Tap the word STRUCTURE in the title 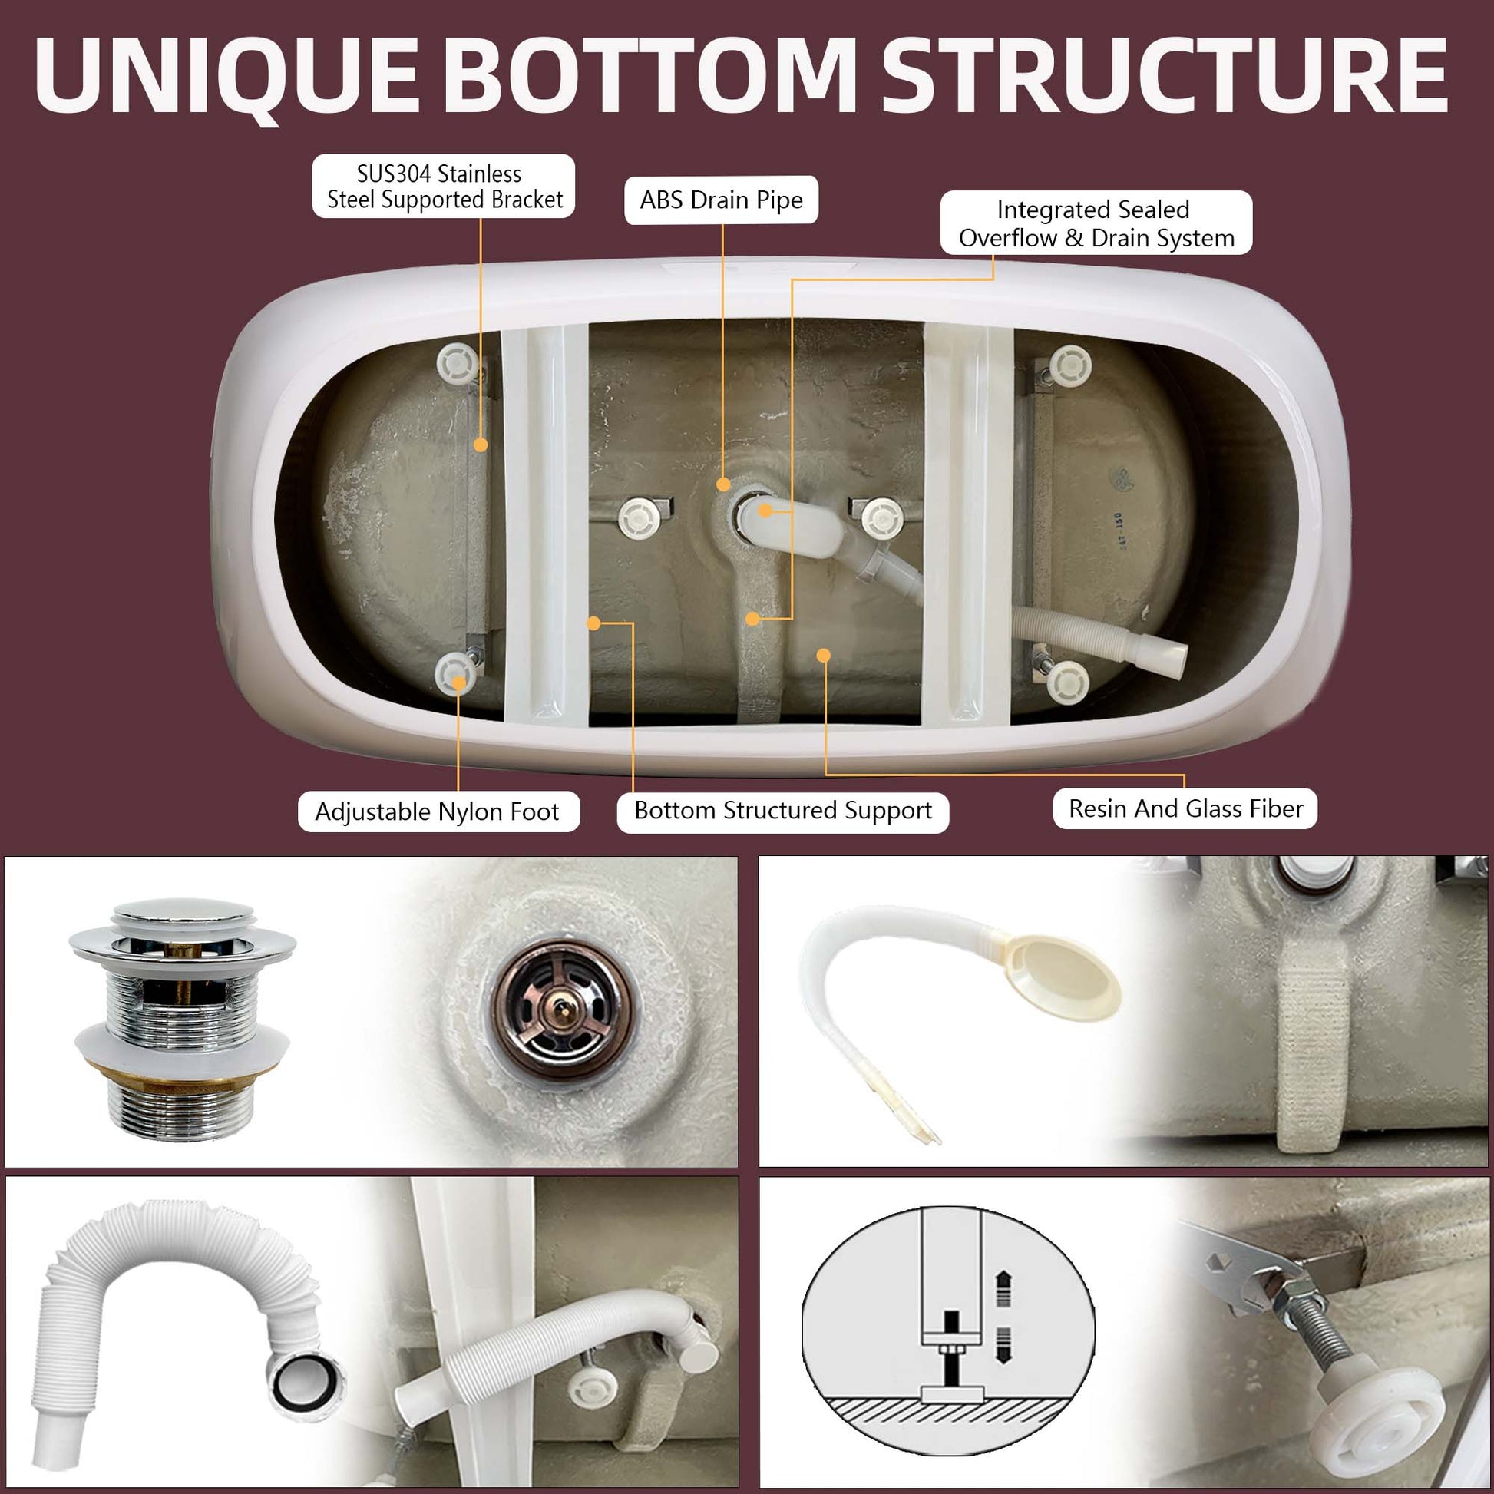coord(1164,76)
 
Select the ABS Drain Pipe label coord(721,200)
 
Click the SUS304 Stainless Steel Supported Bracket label coord(444,187)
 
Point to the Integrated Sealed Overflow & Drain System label coord(1096,223)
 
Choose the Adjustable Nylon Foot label coord(438,811)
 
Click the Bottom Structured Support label coord(782,811)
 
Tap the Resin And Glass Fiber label coord(1185,809)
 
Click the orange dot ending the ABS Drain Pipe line coord(723,485)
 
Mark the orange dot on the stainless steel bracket coord(481,445)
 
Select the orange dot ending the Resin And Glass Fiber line coord(824,656)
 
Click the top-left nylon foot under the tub coord(457,361)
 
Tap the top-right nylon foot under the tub coord(1070,364)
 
